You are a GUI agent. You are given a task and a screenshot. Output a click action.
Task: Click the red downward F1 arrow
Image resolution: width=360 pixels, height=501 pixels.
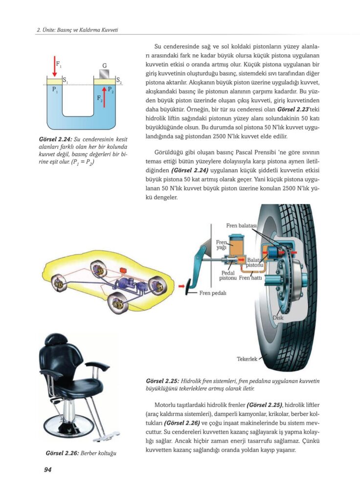[55, 66]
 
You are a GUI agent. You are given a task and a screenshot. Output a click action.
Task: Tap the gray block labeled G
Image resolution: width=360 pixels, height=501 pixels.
[104, 74]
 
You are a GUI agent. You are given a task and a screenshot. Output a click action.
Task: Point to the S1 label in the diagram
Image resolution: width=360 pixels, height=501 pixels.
[65, 80]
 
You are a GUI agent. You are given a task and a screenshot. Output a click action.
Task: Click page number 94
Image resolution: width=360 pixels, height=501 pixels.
[47, 469]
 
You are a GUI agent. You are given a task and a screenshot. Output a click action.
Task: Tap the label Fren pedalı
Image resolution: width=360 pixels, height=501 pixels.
[212, 293]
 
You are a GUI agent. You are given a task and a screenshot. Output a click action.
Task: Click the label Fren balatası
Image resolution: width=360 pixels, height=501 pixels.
[241, 226]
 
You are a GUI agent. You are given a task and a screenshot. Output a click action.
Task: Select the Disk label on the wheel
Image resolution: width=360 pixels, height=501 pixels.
[278, 318]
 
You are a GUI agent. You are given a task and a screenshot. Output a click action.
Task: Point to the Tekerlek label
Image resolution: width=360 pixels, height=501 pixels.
[247, 359]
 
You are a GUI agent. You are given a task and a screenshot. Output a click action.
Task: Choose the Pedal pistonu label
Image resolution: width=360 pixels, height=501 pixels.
[228, 275]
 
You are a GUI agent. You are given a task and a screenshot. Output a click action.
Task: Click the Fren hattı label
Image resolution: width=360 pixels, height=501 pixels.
[250, 278]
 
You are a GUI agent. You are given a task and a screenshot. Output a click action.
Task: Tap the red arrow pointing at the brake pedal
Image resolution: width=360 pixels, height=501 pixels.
[181, 286]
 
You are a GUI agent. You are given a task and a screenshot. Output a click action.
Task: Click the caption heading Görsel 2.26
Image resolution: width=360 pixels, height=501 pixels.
[62, 453]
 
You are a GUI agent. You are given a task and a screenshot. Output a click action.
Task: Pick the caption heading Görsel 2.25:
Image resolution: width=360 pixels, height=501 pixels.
[162, 381]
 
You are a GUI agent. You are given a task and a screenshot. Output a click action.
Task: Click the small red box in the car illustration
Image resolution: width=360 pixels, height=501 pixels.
[123, 270]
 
